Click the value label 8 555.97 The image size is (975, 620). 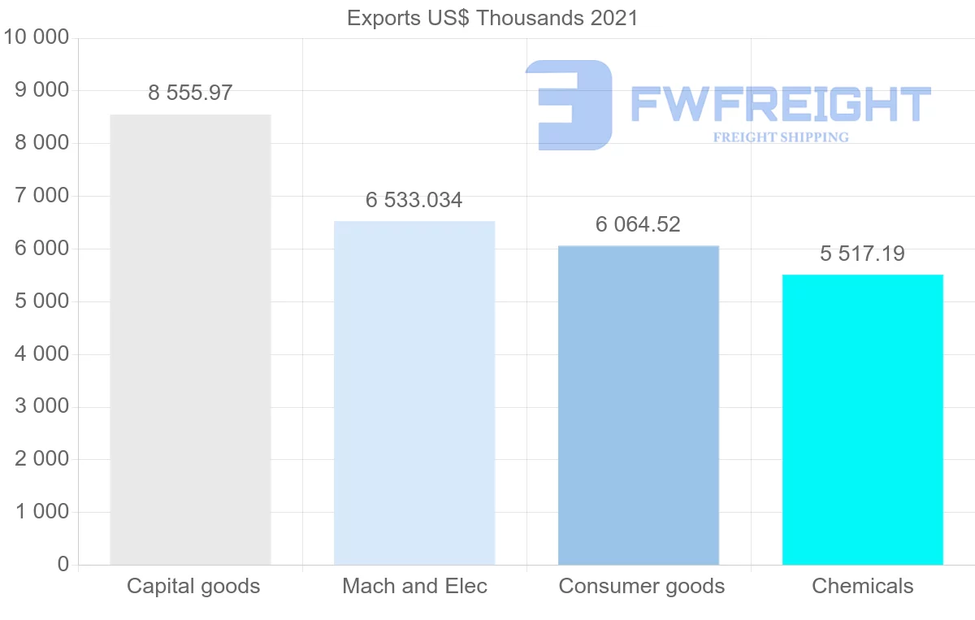point(190,93)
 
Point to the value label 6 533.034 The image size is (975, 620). point(414,200)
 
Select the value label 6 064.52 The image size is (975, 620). point(638,224)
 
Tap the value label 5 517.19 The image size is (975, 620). point(862,254)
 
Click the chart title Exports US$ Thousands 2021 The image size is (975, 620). point(492,18)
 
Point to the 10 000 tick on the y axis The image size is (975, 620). point(37,37)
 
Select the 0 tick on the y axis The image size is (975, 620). point(63,565)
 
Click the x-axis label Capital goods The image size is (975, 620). point(193,586)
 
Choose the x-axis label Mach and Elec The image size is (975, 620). point(414,586)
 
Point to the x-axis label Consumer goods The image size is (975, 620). point(642,586)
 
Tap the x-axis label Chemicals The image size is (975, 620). point(863,586)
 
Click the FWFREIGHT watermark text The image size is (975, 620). point(780,104)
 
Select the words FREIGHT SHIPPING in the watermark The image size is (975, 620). point(781,137)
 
